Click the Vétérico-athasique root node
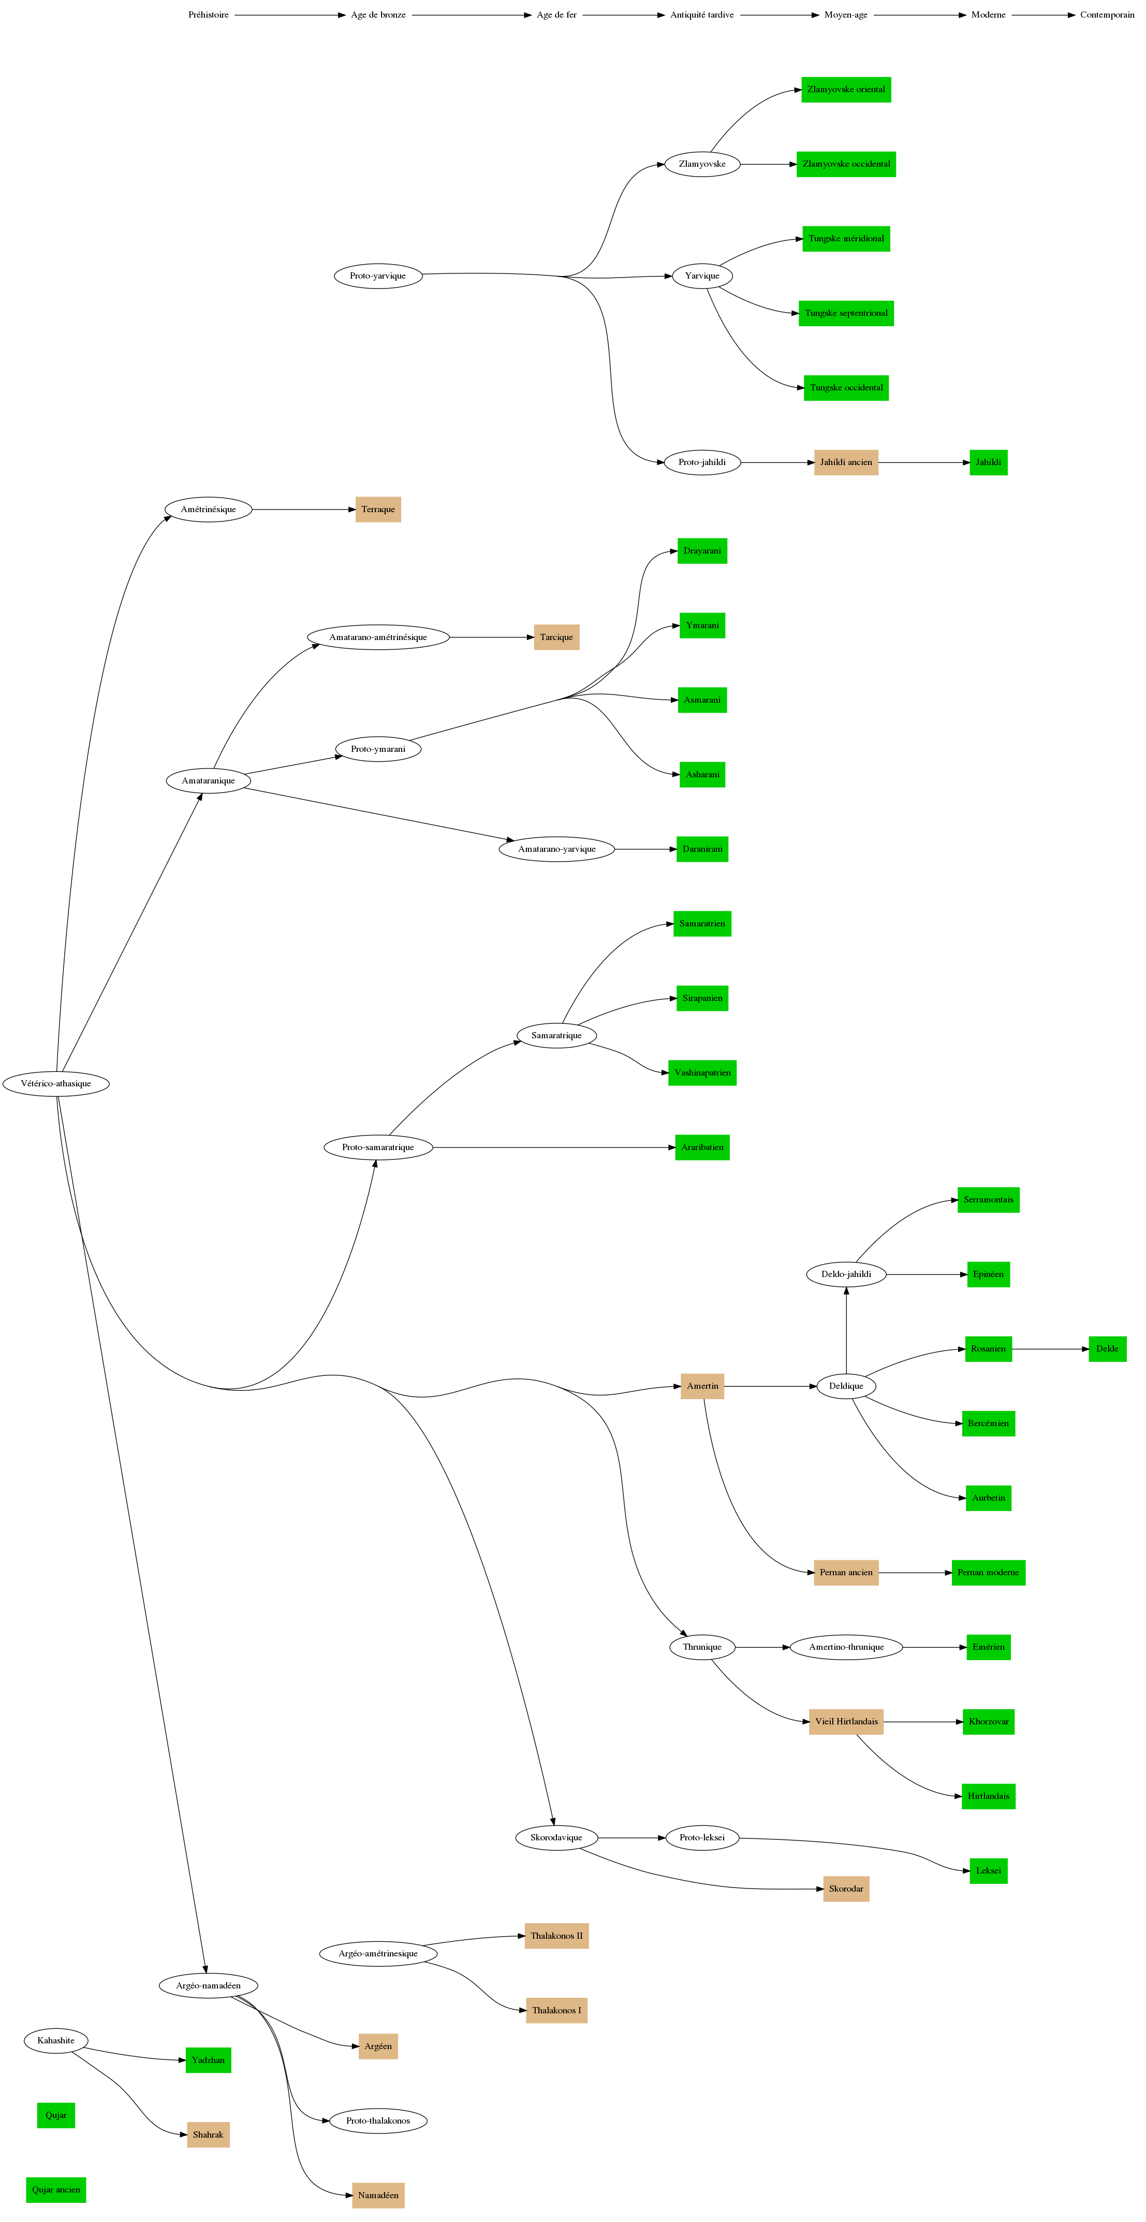(56, 1083)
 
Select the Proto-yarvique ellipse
(378, 276)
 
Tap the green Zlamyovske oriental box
(845, 90)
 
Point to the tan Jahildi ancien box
(845, 462)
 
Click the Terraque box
(378, 510)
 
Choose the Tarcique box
(556, 637)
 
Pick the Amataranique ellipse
(208, 781)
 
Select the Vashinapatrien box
(702, 1073)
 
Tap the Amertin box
(702, 1386)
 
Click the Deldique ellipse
(845, 1386)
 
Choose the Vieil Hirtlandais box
(845, 1722)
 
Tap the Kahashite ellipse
(56, 2040)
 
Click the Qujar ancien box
(56, 2189)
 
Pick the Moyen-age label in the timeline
(845, 14)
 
